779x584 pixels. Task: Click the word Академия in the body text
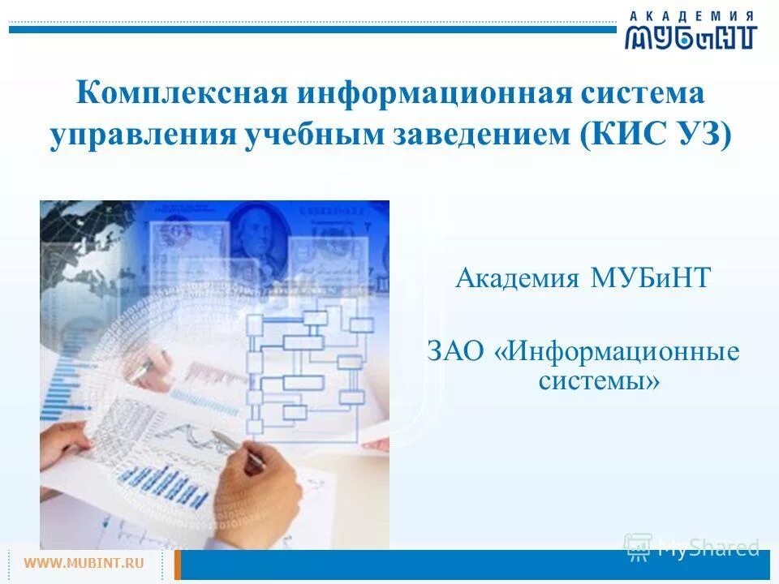pos(517,279)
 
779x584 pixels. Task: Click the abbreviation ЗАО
pos(458,353)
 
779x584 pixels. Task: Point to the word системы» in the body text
pos(599,380)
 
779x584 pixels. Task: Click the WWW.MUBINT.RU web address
pos(84,562)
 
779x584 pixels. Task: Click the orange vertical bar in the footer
pos(178,565)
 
